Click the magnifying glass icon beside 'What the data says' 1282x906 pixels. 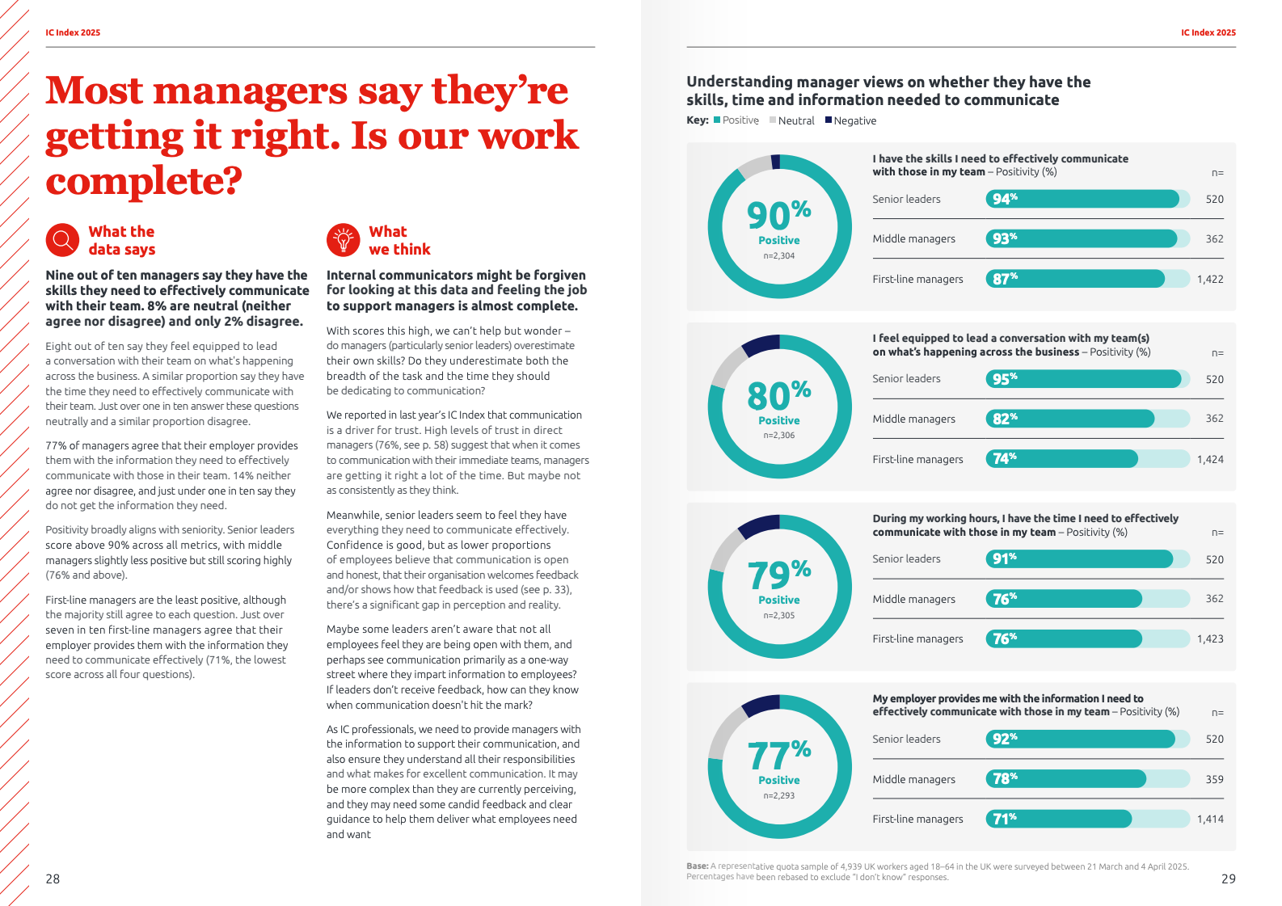click(62, 240)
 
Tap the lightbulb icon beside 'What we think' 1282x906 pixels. click(343, 240)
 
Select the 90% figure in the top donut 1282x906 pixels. click(778, 215)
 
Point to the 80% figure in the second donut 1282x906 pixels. click(778, 395)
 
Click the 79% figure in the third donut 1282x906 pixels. click(778, 575)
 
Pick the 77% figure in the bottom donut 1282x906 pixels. click(778, 755)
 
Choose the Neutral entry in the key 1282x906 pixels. click(795, 121)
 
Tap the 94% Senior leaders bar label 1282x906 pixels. click(1005, 199)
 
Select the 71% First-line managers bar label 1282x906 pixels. click(1005, 819)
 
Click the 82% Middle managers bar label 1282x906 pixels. click(1005, 419)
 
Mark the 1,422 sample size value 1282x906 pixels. click(1210, 280)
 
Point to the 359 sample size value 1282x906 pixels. click(1214, 780)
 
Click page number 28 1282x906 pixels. click(53, 879)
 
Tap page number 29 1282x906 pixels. click(1228, 879)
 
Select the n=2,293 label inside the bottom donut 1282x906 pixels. click(778, 796)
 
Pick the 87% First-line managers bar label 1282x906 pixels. click(1005, 279)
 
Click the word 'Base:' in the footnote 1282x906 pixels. click(697, 866)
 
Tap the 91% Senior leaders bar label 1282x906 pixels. click(1005, 558)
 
